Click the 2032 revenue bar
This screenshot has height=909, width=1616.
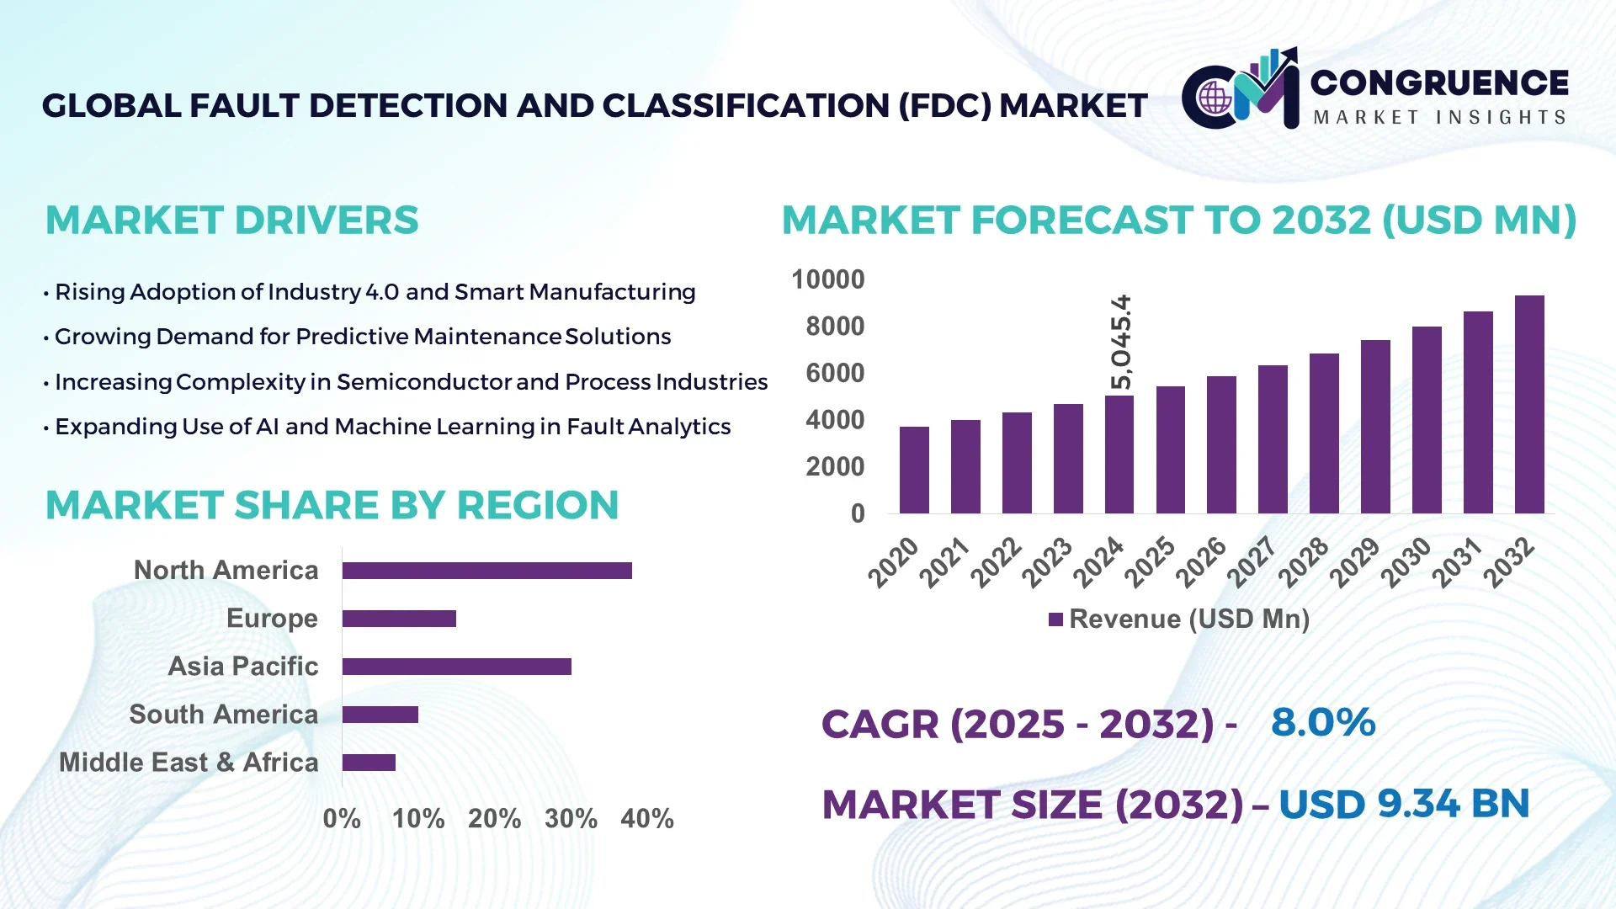(x=1528, y=404)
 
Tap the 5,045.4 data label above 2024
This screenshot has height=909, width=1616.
(x=1121, y=342)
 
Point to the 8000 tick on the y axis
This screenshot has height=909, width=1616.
(x=834, y=327)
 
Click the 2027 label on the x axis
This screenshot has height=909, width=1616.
(x=1252, y=561)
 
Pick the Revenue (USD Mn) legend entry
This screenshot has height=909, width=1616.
(x=1179, y=619)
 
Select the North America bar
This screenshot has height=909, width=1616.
(x=486, y=571)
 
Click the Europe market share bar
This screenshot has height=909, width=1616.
(x=399, y=619)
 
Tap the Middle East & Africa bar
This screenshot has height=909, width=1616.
(x=369, y=763)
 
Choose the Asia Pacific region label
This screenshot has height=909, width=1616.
(x=242, y=667)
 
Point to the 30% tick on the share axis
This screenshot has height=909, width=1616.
(x=571, y=818)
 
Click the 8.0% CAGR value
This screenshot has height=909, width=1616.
(x=1322, y=722)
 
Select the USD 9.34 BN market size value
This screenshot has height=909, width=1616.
(x=1403, y=804)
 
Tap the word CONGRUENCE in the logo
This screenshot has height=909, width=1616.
(x=1439, y=82)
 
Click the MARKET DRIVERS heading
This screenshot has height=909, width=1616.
(x=231, y=221)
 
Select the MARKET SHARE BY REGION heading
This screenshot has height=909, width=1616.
(x=332, y=506)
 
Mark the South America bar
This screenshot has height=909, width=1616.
(x=380, y=715)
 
